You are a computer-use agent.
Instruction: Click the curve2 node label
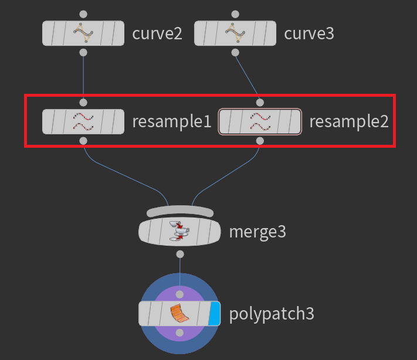click(x=157, y=34)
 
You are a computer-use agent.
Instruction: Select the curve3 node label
click(x=309, y=34)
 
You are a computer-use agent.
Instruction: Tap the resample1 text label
click(x=172, y=121)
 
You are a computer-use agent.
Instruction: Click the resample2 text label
click(x=349, y=121)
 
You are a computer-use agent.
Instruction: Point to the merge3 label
click(x=257, y=232)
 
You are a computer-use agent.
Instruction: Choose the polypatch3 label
click(x=272, y=314)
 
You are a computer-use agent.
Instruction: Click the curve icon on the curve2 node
click(x=83, y=33)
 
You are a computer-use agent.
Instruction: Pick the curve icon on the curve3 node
click(x=235, y=33)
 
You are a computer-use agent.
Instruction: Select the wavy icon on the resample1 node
click(x=83, y=121)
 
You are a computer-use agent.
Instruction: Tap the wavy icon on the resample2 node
click(x=260, y=121)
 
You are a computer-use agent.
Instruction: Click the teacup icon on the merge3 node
click(x=179, y=231)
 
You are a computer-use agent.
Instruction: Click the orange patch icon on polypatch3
click(x=179, y=313)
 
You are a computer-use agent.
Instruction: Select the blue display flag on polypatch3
click(x=214, y=314)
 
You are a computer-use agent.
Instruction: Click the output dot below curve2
click(x=83, y=52)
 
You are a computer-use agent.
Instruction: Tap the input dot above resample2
click(x=260, y=103)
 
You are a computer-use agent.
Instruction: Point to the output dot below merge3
click(x=180, y=254)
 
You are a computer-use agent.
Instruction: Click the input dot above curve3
click(x=235, y=14)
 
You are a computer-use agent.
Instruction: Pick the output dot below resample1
click(x=83, y=141)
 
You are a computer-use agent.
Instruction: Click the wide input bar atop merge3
click(x=180, y=211)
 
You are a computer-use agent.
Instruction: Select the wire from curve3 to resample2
click(x=247, y=76)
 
